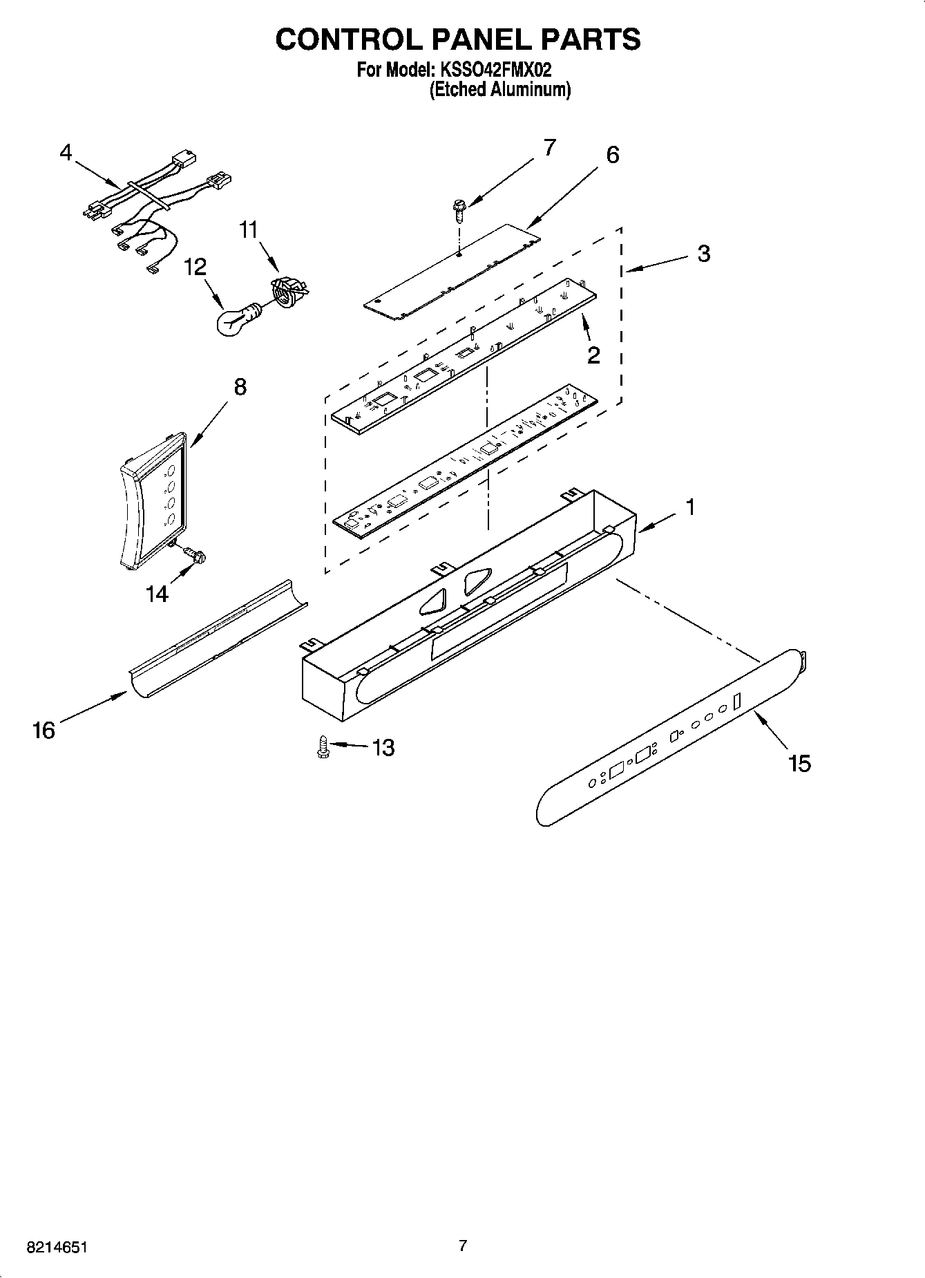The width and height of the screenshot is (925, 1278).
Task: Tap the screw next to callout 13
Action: coord(322,746)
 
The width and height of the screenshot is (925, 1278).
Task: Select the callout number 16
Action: coord(43,730)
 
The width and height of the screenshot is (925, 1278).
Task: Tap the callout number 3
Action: coord(703,254)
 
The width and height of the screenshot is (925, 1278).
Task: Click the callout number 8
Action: coord(239,387)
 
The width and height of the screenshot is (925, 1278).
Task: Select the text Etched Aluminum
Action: coord(500,90)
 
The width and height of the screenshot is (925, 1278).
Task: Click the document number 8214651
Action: coord(58,1248)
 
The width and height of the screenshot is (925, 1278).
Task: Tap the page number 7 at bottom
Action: coord(462,1246)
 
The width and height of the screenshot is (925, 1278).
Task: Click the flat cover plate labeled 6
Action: coord(452,272)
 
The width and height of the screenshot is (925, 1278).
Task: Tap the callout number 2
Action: coord(593,355)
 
